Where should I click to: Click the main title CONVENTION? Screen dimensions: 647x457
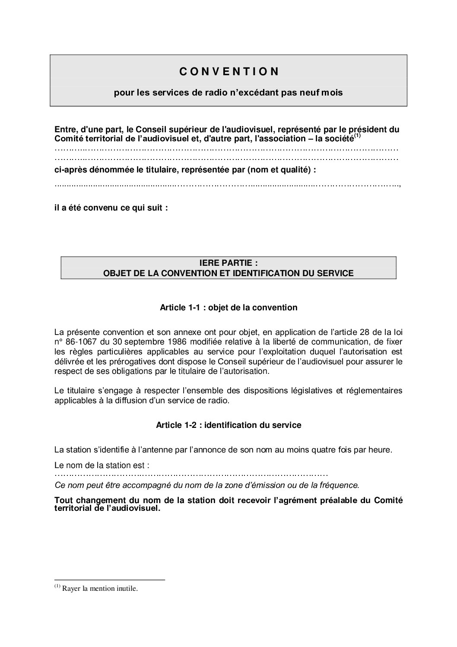point(229,72)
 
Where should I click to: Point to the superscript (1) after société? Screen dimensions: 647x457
point(357,137)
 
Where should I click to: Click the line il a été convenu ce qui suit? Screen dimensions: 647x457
point(111,208)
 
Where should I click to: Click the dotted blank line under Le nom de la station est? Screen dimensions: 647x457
point(191,475)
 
